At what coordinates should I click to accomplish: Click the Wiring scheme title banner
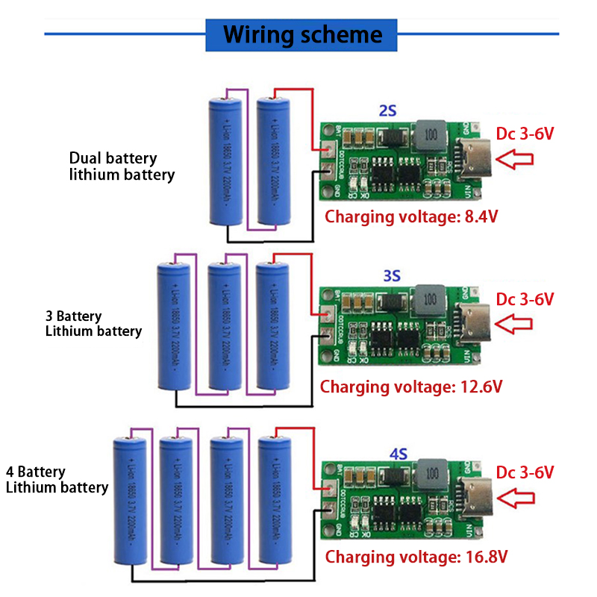(x=302, y=34)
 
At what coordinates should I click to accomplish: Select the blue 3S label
(x=392, y=275)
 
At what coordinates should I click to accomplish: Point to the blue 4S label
(x=398, y=452)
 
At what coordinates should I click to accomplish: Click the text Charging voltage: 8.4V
(x=411, y=217)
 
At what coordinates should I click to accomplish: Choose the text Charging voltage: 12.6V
(x=411, y=387)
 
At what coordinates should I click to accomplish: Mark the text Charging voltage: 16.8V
(x=417, y=556)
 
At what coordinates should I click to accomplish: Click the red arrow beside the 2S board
(x=515, y=159)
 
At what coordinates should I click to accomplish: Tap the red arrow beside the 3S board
(x=515, y=324)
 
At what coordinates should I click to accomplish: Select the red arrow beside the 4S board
(x=516, y=498)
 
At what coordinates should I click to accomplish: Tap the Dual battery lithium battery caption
(x=122, y=166)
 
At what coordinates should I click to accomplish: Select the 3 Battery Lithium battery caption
(x=93, y=323)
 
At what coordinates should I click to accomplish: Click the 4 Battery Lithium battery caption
(x=57, y=479)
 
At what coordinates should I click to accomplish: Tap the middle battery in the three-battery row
(x=225, y=326)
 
